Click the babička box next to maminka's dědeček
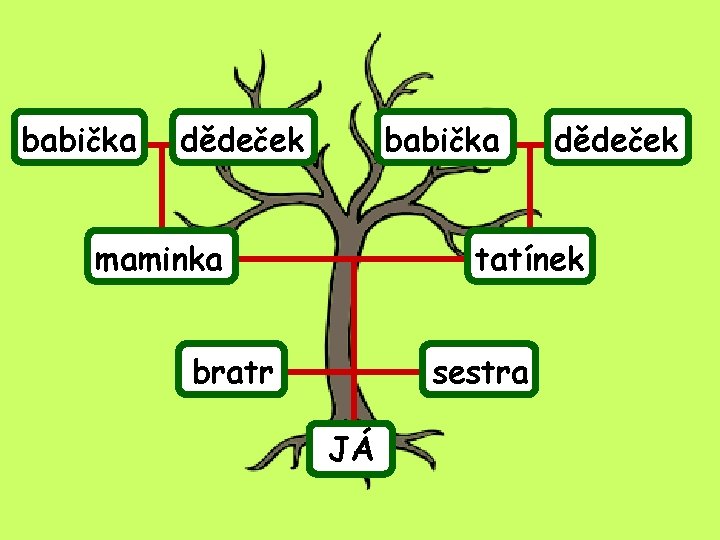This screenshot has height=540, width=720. click(x=79, y=141)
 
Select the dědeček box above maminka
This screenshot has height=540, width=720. click(x=241, y=141)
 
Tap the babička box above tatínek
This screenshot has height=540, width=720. click(x=441, y=141)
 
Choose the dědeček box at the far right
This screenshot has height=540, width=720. click(x=616, y=141)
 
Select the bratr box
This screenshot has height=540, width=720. click(x=232, y=372)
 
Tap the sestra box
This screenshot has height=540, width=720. click(x=479, y=372)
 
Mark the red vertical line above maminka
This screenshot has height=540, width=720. click(x=160, y=195)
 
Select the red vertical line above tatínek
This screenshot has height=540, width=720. click(x=531, y=195)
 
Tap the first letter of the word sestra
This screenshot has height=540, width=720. click(x=438, y=375)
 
